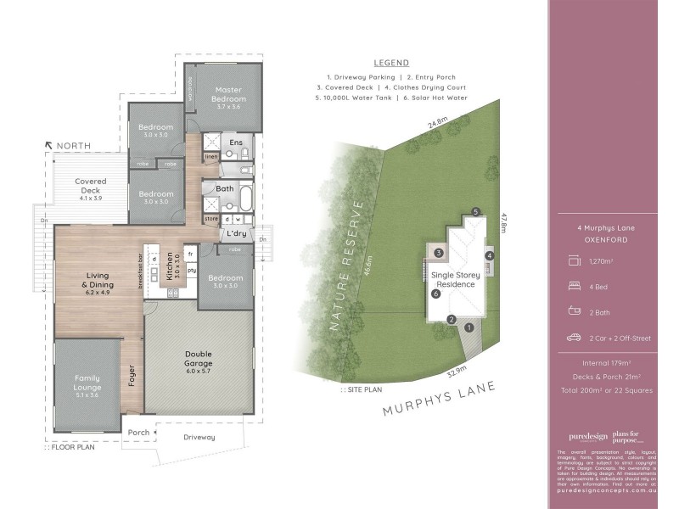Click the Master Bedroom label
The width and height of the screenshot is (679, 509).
tap(229, 94)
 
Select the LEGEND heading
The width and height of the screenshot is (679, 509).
tap(391, 63)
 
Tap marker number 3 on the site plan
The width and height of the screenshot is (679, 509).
tap(439, 253)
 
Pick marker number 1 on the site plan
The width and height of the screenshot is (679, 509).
tap(469, 329)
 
